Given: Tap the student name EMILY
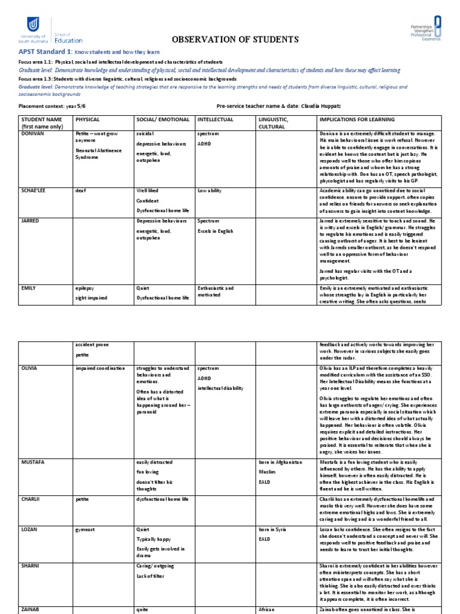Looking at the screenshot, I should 28,288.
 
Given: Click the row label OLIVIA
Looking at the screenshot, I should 29,368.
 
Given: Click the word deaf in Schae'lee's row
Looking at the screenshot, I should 81,189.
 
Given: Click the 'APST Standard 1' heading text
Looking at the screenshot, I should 45,53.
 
